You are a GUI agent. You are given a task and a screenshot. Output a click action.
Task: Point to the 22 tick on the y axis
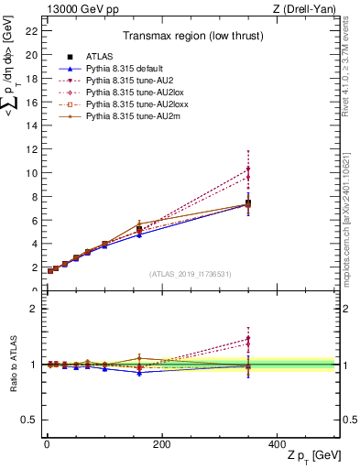click(x=31, y=31)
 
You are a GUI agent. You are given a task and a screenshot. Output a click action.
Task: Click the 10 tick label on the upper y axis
click(x=31, y=172)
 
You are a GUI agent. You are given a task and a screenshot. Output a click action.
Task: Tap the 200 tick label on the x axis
click(x=161, y=444)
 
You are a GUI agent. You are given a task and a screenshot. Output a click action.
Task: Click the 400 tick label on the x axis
click(x=277, y=444)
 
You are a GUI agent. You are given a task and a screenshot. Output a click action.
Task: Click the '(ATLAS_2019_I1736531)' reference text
click(x=191, y=274)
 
